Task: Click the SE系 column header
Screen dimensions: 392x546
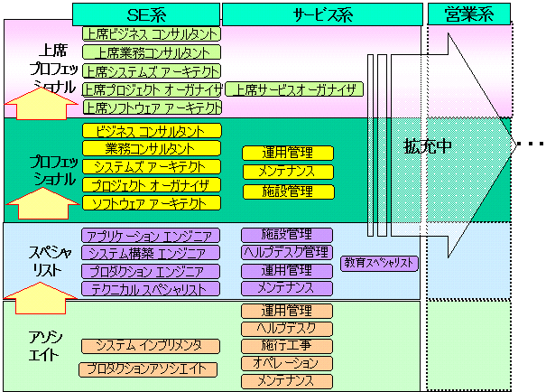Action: click(145, 13)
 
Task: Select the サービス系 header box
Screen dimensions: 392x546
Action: click(322, 13)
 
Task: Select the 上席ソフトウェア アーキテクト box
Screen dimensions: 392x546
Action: click(152, 107)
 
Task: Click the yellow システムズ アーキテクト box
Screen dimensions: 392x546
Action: click(151, 166)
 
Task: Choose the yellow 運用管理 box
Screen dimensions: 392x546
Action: click(287, 153)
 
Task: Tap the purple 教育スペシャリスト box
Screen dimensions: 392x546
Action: click(380, 263)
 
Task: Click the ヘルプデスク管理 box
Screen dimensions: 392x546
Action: click(287, 252)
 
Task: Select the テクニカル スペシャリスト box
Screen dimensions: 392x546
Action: click(151, 289)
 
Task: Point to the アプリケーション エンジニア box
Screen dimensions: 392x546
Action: click(151, 235)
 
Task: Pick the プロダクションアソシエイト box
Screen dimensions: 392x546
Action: click(148, 369)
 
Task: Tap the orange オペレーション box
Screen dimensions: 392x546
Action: click(287, 363)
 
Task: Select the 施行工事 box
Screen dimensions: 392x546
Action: click(287, 346)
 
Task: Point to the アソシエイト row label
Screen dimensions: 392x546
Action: click(42, 345)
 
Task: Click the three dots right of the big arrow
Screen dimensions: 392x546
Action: click(530, 145)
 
